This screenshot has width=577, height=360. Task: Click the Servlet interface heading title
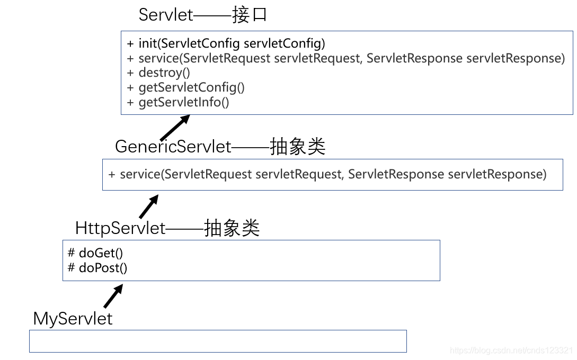pos(166,15)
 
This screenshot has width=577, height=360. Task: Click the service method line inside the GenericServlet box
pos(327,174)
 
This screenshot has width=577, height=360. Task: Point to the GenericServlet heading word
pos(173,147)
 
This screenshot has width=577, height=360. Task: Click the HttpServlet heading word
pos(121,228)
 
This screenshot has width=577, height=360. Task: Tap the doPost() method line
pos(98,268)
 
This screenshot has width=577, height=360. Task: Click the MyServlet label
pos(73,319)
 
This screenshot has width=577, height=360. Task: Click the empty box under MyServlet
pos(217,341)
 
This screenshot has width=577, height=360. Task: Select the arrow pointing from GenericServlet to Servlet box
pos(174,128)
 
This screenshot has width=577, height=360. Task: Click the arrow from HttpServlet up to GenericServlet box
pos(149,207)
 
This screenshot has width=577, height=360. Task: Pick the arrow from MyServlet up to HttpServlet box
pos(113,296)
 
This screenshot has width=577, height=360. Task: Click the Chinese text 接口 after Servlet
pos(250,15)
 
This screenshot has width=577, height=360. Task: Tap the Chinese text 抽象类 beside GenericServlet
pos(298,147)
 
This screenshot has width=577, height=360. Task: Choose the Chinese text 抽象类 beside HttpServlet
pos(232,228)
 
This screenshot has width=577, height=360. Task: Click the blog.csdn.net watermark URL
pos(511,350)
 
